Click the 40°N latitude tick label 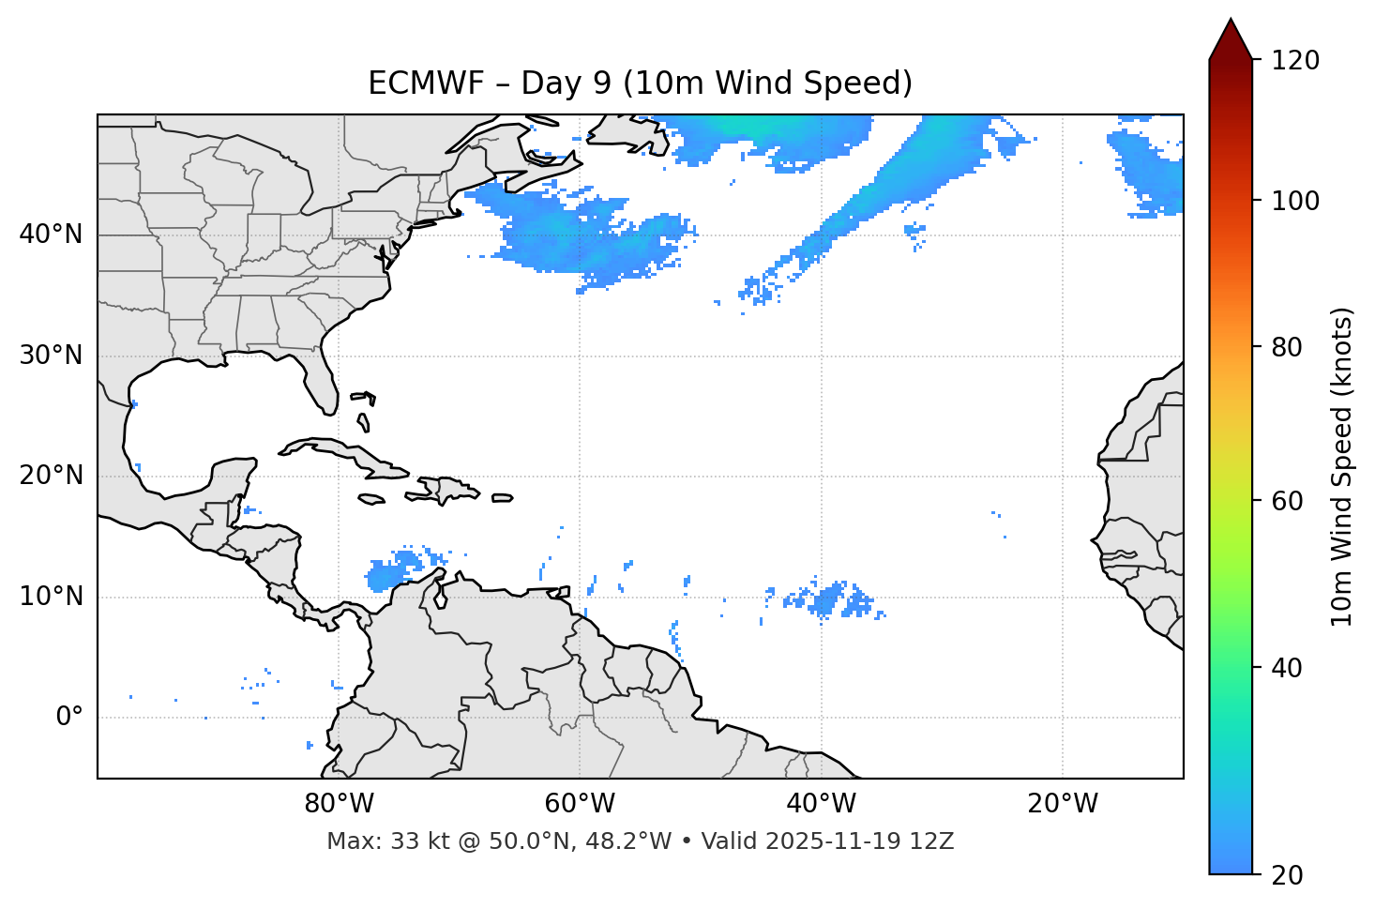[x=51, y=234]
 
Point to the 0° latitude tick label [x=69, y=718]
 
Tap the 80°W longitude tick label [x=339, y=804]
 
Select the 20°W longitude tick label [x=1063, y=804]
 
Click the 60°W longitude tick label [x=580, y=804]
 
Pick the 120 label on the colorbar [x=1295, y=60]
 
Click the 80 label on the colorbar [x=1288, y=347]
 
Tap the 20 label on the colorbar [x=1288, y=875]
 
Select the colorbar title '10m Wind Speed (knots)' [x=1342, y=467]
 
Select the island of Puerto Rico [x=503, y=498]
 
